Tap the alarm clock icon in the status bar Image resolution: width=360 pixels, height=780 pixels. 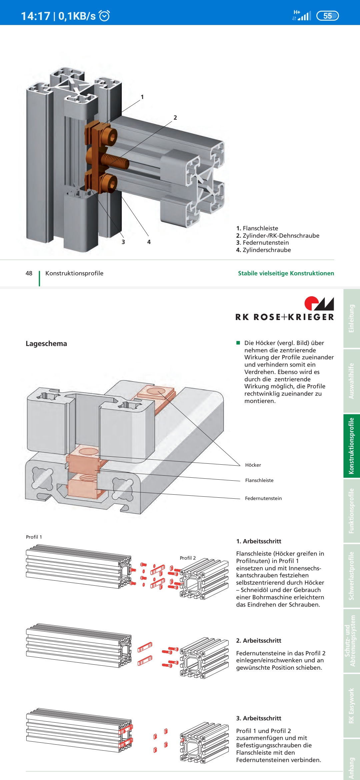pos(105,16)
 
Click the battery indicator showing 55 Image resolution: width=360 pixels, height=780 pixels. pos(327,16)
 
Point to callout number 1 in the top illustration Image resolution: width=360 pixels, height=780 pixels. pos(142,97)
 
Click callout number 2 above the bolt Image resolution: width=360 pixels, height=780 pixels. pos(175,118)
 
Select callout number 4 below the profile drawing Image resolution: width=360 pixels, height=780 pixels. pos(149,242)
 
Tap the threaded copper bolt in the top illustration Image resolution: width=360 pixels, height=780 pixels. pos(115,161)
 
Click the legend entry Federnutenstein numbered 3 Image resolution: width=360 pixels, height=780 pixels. pos(263,243)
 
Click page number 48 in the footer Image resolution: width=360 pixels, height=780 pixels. pos(29,273)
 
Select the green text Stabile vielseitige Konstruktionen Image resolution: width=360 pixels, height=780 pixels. pos(286,273)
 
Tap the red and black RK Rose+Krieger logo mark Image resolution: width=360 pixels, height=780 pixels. pos(319,303)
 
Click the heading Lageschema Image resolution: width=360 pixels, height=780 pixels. pos(46,344)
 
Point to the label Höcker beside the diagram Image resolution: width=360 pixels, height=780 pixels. pos(253,465)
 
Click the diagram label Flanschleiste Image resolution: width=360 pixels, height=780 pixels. pos(259,480)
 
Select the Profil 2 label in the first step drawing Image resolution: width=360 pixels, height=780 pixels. pos(188,558)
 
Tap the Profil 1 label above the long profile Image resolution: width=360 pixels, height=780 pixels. pos(34,537)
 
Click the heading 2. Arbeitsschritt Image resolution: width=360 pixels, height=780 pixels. pos(259,641)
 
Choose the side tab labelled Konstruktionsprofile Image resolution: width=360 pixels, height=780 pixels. pos(351,446)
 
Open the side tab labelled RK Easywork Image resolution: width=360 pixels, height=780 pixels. pos(351,706)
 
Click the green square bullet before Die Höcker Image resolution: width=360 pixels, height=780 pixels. pos(238,343)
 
